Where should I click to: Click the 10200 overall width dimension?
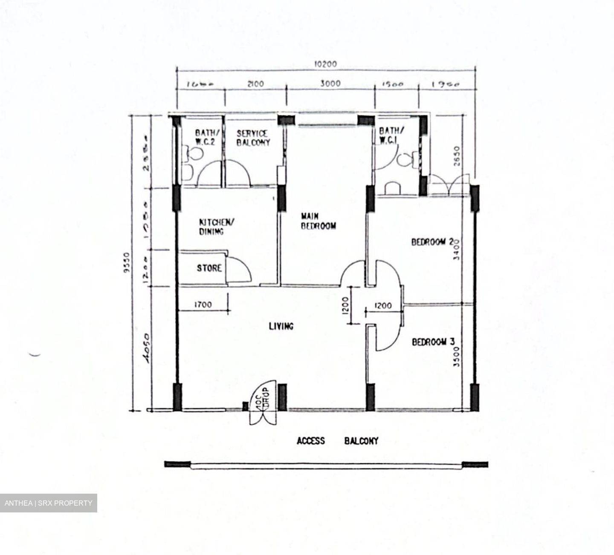point(326,64)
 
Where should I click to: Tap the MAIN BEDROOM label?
point(318,221)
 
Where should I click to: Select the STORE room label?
point(209,268)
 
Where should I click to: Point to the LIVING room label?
point(281,326)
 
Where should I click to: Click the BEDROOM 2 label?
point(432,242)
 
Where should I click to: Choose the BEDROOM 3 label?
point(433,342)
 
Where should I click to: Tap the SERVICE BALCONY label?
point(253,138)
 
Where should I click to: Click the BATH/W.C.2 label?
point(204,137)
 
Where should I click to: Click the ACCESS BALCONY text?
point(337,441)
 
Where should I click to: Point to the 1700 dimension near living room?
point(203,305)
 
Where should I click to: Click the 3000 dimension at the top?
point(330,83)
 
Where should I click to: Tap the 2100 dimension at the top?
point(255,84)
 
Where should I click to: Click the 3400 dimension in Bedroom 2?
point(457,250)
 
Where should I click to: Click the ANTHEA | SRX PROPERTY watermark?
point(48,503)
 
